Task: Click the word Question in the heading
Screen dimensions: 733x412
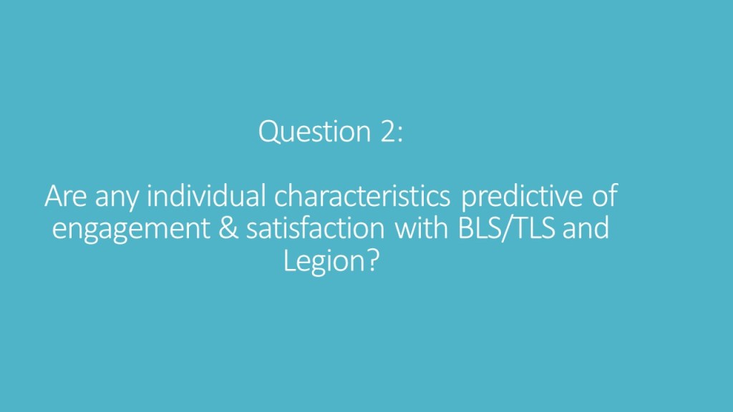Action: coord(315,132)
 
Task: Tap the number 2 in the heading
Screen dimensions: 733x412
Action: coord(388,132)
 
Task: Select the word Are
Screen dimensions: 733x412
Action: coord(65,196)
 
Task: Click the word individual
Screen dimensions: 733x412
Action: coord(206,195)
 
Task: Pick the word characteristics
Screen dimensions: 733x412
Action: coord(362,195)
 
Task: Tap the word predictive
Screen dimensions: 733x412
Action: coord(522,196)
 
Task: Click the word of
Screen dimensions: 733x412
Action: coord(605,195)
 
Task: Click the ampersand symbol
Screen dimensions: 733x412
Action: coord(228,228)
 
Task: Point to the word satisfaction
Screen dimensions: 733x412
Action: coord(316,228)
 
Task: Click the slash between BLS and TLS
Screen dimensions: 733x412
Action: coord(506,229)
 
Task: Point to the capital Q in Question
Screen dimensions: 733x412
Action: coord(269,132)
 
